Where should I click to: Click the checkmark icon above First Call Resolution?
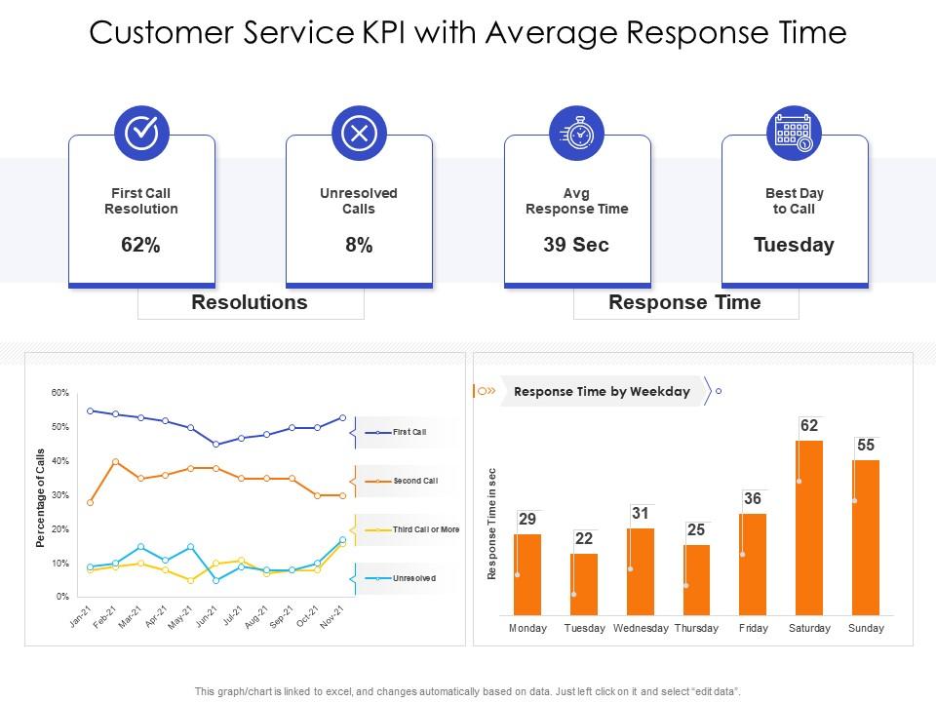click(141, 134)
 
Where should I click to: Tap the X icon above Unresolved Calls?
click(359, 134)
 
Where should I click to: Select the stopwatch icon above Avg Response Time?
click(577, 134)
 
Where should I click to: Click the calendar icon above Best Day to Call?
click(795, 134)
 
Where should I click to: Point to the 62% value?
click(141, 245)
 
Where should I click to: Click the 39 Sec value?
click(576, 245)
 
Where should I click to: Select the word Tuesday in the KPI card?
click(795, 245)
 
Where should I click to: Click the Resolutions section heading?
click(250, 302)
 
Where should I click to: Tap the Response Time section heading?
click(684, 302)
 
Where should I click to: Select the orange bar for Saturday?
click(809, 526)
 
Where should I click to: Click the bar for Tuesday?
click(584, 583)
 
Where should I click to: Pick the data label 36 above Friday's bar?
click(753, 499)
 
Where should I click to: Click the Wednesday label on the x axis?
click(641, 629)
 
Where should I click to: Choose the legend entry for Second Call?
click(415, 481)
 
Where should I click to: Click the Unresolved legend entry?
click(414, 578)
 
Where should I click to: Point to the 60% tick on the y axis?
click(60, 393)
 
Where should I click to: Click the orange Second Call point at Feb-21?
click(116, 462)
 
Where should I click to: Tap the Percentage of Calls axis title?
click(41, 498)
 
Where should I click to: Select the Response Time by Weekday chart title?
click(602, 392)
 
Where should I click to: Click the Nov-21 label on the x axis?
click(333, 617)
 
